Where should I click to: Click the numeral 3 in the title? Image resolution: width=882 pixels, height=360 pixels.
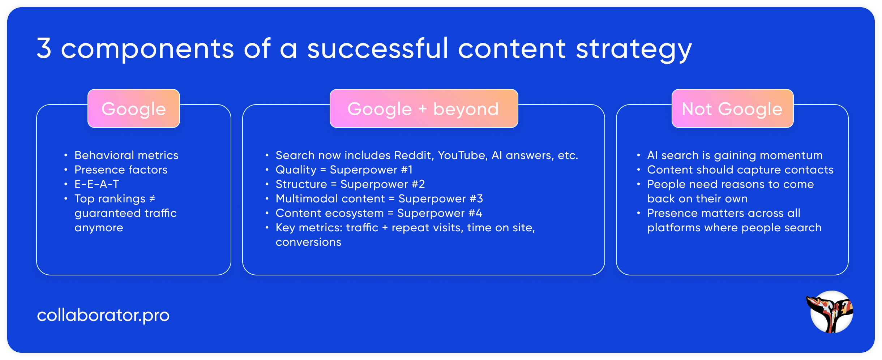click(44, 48)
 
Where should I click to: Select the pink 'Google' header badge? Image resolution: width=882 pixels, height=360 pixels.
click(134, 108)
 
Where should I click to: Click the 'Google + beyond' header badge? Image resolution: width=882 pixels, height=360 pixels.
click(424, 108)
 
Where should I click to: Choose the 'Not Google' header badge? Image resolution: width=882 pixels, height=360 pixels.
click(732, 108)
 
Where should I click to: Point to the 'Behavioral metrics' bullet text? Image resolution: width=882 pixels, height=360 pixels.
click(126, 155)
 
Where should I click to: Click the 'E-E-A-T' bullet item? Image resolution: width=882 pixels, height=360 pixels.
click(97, 184)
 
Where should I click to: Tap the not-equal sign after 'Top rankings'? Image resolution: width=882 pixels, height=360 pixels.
click(152, 198)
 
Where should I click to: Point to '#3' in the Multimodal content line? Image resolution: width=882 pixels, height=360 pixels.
click(476, 198)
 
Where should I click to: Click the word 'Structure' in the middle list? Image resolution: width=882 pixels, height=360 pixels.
click(301, 184)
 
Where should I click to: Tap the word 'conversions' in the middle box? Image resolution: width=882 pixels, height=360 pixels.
click(308, 242)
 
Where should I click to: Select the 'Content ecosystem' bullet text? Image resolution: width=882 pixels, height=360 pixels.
click(329, 213)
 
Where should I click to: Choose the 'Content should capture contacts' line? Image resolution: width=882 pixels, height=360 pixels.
click(740, 170)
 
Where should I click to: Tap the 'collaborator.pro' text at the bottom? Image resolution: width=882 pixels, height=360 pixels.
click(103, 315)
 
